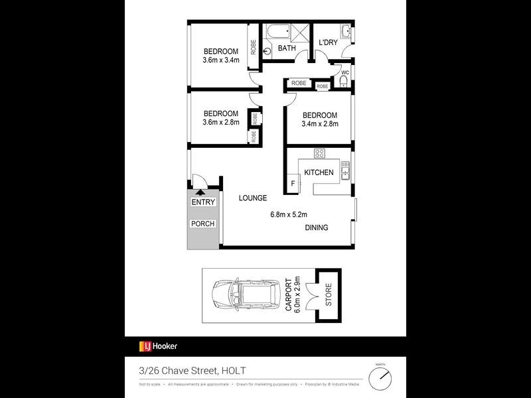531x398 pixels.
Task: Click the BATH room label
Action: point(287,48)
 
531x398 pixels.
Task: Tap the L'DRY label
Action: point(328,43)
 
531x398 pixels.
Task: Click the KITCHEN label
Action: point(319,172)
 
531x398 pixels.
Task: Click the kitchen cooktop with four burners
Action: point(319,154)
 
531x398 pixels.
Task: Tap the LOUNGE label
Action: point(252,198)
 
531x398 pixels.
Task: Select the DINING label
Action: point(317,228)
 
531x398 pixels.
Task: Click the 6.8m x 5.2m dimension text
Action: point(288,214)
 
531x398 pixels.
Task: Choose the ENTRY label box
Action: point(202,202)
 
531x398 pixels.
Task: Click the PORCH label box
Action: point(202,224)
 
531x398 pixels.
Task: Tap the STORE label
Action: point(327,296)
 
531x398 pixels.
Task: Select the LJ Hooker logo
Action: point(157,346)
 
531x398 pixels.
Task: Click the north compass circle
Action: point(380,379)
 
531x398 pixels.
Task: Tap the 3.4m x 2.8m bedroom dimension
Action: point(320,123)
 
